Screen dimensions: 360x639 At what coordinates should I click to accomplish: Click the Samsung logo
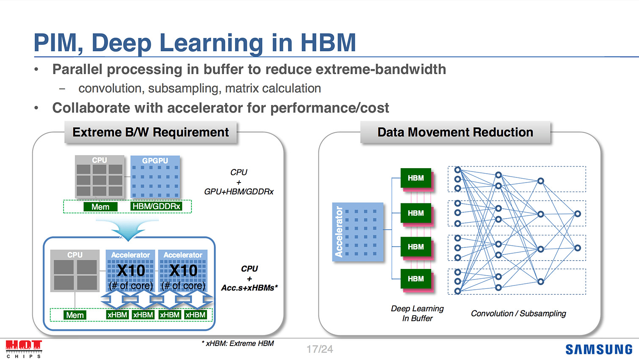pos(599,349)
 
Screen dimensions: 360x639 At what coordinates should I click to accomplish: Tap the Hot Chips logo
pos(24,348)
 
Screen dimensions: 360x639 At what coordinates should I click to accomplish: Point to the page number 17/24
pos(320,349)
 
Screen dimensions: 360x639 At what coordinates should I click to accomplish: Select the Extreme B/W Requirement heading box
pos(150,133)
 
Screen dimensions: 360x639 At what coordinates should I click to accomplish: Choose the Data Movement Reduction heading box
pos(455,133)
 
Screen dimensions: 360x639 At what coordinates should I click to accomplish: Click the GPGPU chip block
pos(155,177)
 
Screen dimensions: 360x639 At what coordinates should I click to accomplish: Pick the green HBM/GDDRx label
pos(156,206)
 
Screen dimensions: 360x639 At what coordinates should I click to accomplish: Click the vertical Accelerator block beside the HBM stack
pos(358,231)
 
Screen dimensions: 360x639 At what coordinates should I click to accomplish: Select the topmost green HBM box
pos(416,178)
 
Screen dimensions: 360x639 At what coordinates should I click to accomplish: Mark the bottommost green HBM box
pos(416,279)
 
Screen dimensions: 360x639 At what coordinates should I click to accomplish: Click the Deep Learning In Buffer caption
pos(417,313)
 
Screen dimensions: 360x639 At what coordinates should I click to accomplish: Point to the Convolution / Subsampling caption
pos(518,313)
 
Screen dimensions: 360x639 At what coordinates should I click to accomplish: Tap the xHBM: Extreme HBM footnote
pos(238,343)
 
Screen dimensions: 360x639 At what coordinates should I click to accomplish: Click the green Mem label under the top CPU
pos(100,207)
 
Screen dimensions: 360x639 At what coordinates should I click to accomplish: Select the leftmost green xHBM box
pos(117,315)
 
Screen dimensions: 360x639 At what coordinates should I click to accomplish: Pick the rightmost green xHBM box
pos(195,315)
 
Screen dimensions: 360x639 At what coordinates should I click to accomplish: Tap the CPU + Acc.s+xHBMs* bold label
pos(249,278)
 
